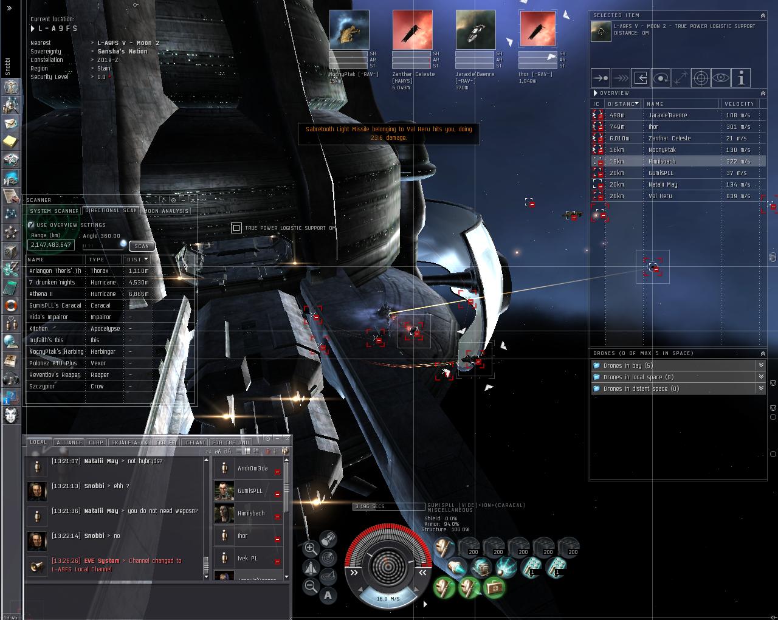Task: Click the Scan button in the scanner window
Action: click(142, 246)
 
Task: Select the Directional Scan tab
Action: click(111, 210)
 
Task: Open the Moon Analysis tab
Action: click(167, 211)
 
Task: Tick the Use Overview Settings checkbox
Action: click(31, 224)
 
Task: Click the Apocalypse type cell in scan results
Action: click(105, 328)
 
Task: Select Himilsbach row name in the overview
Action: click(662, 161)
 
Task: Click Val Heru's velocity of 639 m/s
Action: click(738, 196)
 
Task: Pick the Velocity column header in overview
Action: click(738, 104)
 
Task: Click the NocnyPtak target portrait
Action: click(349, 30)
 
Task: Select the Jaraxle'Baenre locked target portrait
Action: click(475, 30)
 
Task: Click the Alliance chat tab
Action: click(69, 443)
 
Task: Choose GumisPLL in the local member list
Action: click(250, 491)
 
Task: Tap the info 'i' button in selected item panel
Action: click(741, 78)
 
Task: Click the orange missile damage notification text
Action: click(388, 133)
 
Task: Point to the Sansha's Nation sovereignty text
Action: click(122, 52)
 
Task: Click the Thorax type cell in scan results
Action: click(100, 270)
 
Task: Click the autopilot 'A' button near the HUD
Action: click(328, 595)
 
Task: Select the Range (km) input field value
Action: click(51, 245)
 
